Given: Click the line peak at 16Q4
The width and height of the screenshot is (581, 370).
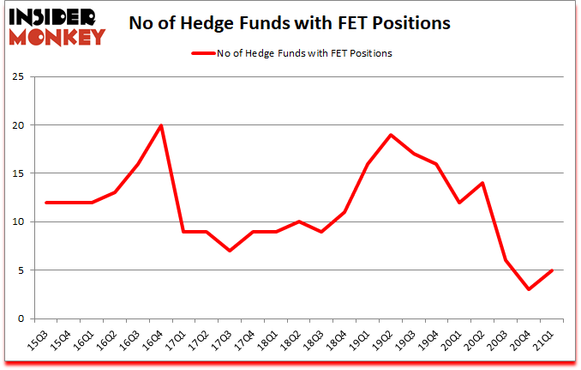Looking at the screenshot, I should click(160, 125).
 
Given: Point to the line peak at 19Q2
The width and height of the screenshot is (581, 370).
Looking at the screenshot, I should click(392, 135).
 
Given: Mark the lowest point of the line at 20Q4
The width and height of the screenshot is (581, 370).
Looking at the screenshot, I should click(529, 289).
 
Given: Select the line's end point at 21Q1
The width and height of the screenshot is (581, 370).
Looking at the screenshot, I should click(552, 270).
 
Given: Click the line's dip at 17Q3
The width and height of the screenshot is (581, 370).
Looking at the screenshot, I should click(230, 251).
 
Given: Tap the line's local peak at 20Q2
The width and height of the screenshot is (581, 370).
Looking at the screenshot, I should click(483, 183).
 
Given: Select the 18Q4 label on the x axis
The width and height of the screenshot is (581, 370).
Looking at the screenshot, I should click(338, 340).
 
